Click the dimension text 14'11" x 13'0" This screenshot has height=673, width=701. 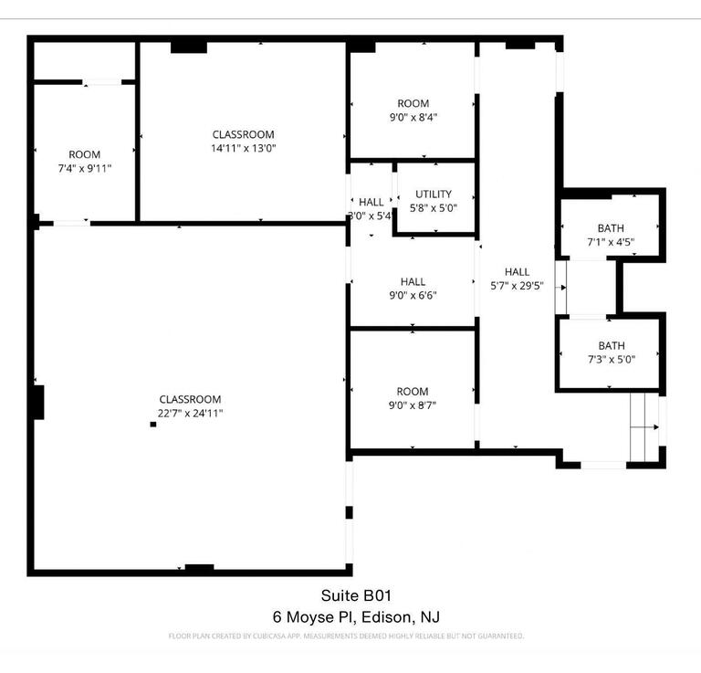click(243, 148)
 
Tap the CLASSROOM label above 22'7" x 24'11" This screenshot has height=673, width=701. click(190, 399)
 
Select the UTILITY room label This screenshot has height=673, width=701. click(434, 194)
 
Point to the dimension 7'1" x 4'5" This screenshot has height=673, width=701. click(611, 242)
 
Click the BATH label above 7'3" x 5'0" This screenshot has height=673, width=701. click(612, 345)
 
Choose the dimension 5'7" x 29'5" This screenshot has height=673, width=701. click(517, 285)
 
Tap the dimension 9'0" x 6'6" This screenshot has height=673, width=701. click(413, 296)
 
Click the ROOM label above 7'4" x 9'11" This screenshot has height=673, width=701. click(85, 154)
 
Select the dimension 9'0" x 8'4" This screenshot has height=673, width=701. click(413, 117)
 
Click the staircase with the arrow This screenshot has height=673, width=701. click(645, 426)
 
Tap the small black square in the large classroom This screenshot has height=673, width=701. click(153, 425)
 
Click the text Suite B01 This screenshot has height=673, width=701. click(362, 596)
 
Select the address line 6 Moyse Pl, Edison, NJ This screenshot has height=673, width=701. click(362, 616)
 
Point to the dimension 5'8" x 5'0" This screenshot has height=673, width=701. click(434, 207)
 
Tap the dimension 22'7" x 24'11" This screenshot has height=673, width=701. click(190, 413)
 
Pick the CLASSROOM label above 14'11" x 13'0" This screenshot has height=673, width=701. click(243, 134)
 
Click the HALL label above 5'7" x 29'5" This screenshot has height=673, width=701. click(517, 271)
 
